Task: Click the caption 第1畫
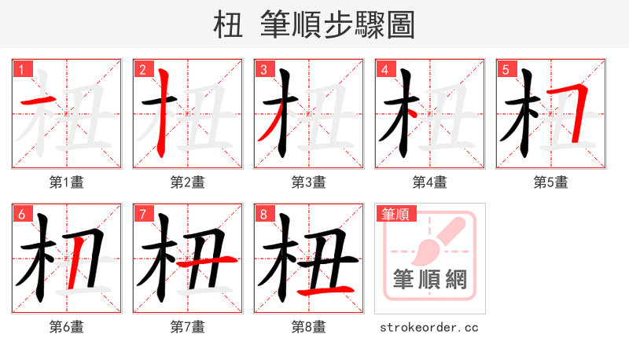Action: (66, 182)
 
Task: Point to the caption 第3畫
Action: (308, 182)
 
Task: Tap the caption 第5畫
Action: (550, 182)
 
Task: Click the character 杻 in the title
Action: (227, 25)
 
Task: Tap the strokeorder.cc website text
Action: (429, 327)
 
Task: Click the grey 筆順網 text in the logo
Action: (429, 279)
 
